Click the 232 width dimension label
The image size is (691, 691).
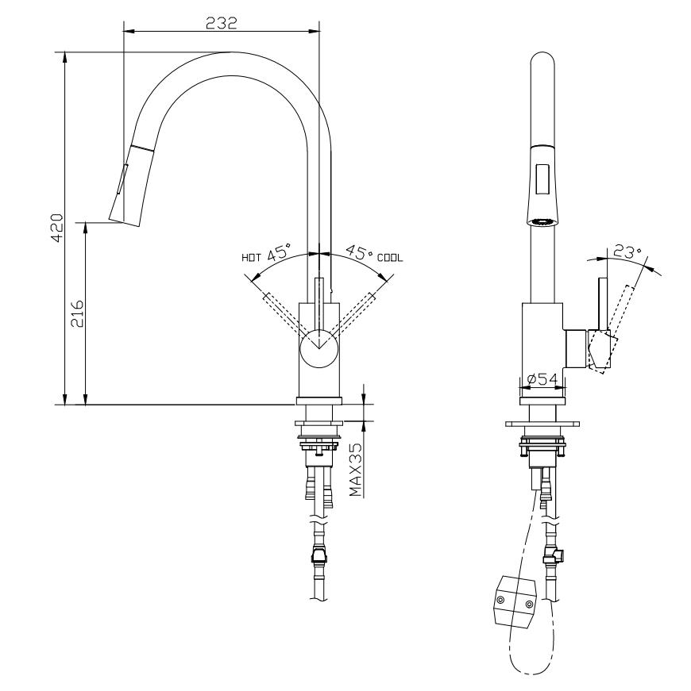[222, 23]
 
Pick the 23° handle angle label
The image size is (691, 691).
[627, 253]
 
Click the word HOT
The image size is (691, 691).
[251, 257]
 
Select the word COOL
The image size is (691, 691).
[390, 257]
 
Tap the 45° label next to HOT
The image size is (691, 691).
[280, 255]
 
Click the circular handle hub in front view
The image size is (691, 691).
[319, 349]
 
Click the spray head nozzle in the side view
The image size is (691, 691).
[543, 222]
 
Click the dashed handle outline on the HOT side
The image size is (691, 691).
[281, 310]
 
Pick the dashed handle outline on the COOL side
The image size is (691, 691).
[356, 310]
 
